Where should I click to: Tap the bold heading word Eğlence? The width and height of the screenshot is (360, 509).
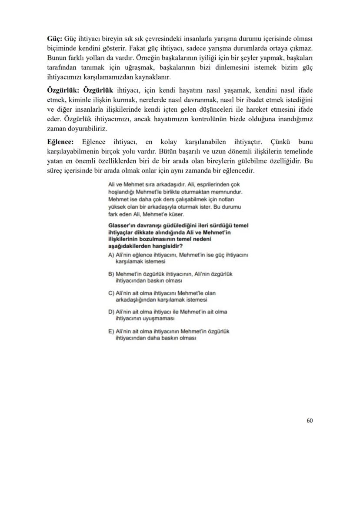coord(60,142)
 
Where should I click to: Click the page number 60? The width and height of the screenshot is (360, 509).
coord(310,420)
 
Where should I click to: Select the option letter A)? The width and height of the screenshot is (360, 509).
coord(111,255)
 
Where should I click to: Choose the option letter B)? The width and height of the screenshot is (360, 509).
coord(111,274)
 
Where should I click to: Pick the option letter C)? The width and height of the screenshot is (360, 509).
coord(111,293)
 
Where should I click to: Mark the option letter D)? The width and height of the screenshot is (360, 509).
coord(111,312)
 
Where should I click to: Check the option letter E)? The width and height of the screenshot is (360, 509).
coord(111,331)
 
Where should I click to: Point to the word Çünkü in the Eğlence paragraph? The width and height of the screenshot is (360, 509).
coord(283,142)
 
